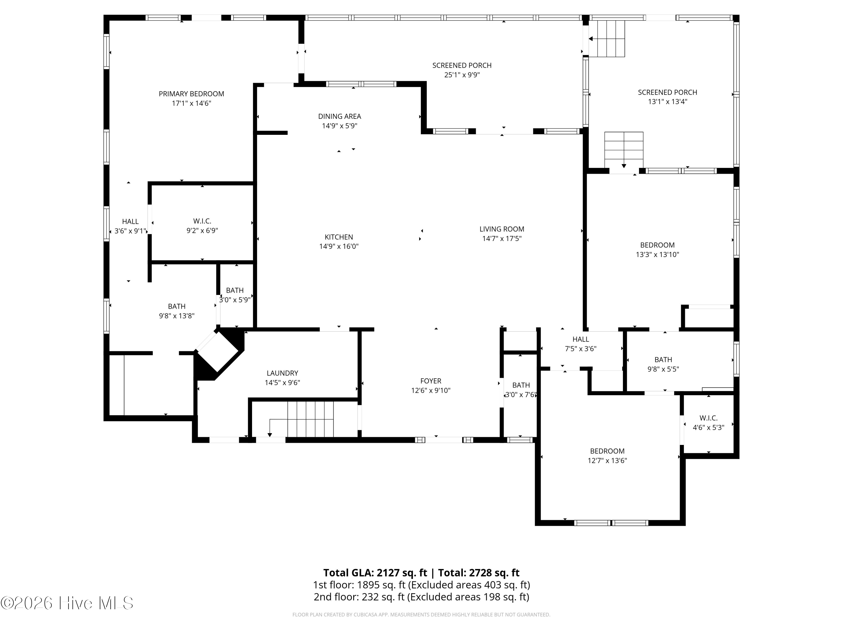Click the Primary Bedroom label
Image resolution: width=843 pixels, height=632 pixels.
[x=191, y=94]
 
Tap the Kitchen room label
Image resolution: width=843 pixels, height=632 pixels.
[x=339, y=237]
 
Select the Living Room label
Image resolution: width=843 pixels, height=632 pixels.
[x=502, y=229]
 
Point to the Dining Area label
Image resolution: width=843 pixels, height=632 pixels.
[x=339, y=116]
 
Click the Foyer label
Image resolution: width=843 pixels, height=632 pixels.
[x=431, y=381]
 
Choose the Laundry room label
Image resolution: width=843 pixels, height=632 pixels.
[x=282, y=373]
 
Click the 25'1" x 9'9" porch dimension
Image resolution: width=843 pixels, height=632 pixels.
[x=462, y=75]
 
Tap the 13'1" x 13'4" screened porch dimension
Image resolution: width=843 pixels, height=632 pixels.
[x=667, y=102]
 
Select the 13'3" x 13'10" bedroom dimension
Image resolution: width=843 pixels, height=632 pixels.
[x=658, y=254]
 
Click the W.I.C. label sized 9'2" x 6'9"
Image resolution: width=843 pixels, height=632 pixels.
[x=202, y=221]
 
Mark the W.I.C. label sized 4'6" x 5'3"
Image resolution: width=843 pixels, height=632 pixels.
[x=708, y=418]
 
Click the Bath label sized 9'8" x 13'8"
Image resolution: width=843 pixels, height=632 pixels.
[x=177, y=306]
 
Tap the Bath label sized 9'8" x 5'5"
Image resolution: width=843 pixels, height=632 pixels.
[x=663, y=360]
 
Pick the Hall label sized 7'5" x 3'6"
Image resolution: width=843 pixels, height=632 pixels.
[x=581, y=339]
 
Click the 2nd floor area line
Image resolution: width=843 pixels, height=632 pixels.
[x=422, y=597]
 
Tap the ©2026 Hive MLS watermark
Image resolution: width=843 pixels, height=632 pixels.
[x=67, y=603]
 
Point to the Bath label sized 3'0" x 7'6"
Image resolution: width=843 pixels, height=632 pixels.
[x=521, y=385]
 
